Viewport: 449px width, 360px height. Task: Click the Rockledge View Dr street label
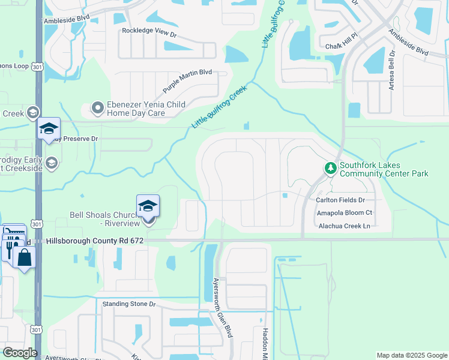(x=149, y=32)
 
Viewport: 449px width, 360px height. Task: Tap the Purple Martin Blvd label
(x=187, y=82)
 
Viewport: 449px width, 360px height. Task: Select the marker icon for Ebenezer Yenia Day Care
(x=97, y=108)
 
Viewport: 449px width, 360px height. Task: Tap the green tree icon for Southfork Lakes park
(x=330, y=169)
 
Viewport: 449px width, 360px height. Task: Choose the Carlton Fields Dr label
(x=340, y=200)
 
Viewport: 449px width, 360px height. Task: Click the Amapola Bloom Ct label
(x=344, y=212)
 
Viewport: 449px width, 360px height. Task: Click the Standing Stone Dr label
(x=128, y=304)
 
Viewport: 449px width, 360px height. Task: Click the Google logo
(x=20, y=353)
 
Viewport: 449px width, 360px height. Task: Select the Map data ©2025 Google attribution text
(x=411, y=355)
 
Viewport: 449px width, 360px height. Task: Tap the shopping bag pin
(x=24, y=257)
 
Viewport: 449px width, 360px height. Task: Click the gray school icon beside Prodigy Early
(x=52, y=163)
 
